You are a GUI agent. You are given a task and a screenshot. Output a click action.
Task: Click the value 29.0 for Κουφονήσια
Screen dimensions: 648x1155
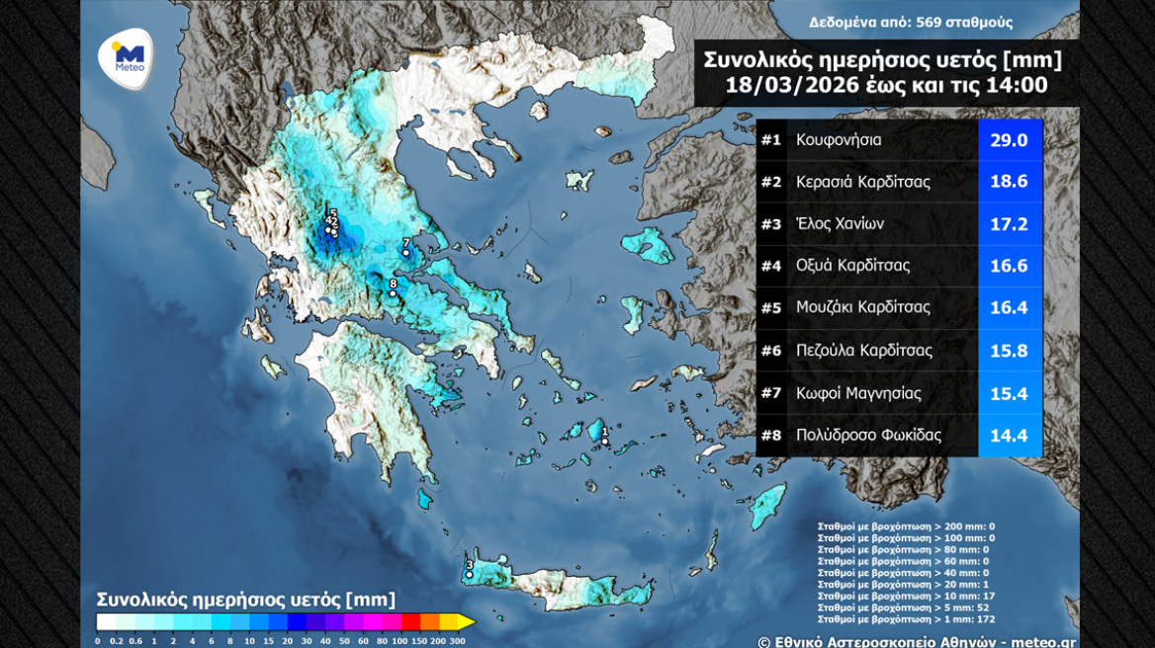(1009, 140)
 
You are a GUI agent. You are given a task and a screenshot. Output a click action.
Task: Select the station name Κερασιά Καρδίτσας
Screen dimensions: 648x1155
(862, 182)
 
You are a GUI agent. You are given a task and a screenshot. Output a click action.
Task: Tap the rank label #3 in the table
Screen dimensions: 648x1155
(771, 224)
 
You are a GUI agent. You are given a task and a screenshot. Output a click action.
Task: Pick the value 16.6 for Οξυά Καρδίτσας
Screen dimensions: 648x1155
(1009, 266)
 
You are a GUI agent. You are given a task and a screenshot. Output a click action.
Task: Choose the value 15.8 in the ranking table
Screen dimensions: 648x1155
(1009, 351)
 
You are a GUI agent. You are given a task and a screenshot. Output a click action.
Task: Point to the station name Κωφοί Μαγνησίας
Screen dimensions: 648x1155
(857, 393)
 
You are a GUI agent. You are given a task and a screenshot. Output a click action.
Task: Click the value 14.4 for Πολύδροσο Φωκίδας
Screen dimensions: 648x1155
(1009, 436)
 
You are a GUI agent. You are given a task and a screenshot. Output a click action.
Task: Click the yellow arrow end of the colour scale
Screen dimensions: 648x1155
(465, 621)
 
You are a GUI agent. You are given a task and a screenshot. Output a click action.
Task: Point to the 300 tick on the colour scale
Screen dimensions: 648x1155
(457, 641)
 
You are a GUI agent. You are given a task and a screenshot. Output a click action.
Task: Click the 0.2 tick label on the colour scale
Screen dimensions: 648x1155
(117, 641)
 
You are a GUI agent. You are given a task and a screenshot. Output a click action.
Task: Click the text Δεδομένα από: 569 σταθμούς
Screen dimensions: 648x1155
(910, 23)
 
